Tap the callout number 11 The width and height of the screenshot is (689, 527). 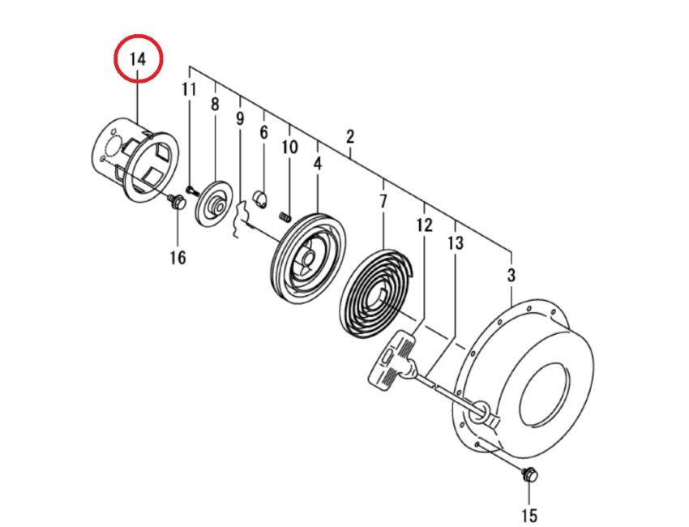click(x=189, y=89)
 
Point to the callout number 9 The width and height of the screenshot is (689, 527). click(x=240, y=118)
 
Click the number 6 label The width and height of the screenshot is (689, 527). click(x=263, y=132)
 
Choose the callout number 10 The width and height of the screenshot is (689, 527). click(x=289, y=147)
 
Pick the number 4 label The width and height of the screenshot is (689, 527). click(x=317, y=163)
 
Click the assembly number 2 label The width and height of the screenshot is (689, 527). click(x=350, y=135)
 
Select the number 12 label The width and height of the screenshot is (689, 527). click(x=425, y=225)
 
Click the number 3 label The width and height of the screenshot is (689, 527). click(x=511, y=275)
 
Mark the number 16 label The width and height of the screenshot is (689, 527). click(x=178, y=258)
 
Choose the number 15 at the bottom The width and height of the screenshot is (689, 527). click(x=529, y=514)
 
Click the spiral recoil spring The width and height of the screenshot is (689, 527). click(x=378, y=288)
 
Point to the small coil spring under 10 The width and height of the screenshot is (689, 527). click(x=285, y=216)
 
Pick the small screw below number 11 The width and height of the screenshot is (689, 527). click(x=191, y=189)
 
